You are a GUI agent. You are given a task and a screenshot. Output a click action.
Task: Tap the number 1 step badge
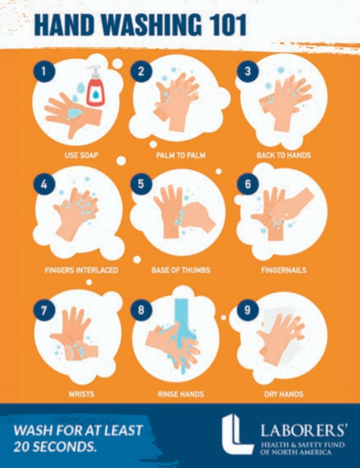44,72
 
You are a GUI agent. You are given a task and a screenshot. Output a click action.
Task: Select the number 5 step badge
141,184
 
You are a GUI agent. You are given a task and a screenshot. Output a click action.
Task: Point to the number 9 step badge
247,310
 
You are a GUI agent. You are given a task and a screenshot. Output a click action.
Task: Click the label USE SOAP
81,155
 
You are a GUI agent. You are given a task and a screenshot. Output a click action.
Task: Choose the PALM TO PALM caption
181,155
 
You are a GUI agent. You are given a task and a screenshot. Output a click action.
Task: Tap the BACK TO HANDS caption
283,155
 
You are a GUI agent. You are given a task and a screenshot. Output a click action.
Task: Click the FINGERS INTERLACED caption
81,270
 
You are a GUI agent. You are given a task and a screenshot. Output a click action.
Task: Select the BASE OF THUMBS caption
181,270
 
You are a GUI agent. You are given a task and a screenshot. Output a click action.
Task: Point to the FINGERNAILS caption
283,270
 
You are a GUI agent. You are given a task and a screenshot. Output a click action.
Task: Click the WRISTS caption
81,394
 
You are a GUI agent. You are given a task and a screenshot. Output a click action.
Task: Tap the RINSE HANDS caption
181,394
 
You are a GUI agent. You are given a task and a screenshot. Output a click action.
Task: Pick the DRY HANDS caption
283,394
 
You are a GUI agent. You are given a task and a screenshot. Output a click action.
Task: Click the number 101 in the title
228,25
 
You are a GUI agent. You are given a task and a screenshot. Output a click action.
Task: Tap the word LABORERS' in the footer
304,430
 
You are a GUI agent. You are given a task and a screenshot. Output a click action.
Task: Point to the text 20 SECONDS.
55,447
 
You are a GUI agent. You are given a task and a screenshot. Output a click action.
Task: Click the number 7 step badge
44,310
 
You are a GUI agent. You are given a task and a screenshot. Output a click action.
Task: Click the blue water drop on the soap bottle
96,94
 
